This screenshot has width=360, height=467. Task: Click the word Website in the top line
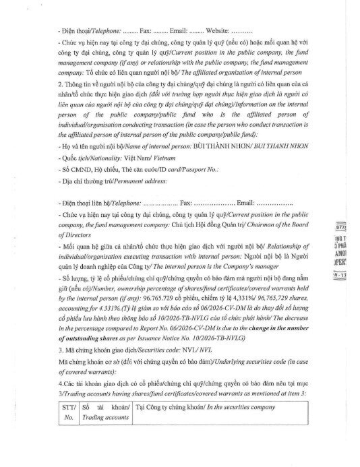tap(214, 30)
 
